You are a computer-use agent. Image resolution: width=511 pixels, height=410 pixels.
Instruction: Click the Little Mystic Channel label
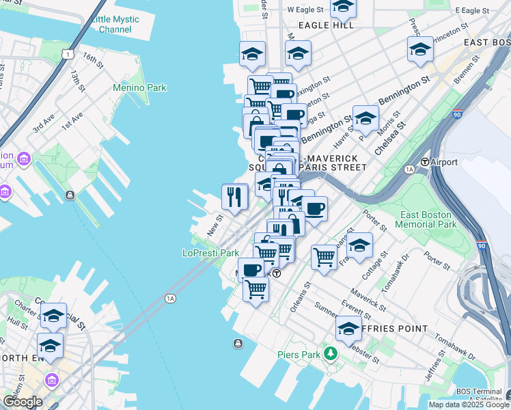[x=115, y=24]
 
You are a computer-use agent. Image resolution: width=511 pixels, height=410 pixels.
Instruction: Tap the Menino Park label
[x=140, y=87]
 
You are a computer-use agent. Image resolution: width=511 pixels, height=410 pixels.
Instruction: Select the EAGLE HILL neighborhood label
[x=326, y=25]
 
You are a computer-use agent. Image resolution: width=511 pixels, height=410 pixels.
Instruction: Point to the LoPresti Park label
[x=210, y=252]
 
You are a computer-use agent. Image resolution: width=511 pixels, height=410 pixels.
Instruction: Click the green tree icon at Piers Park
[x=331, y=353]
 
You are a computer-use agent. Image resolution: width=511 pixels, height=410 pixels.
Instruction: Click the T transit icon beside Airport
[x=424, y=162]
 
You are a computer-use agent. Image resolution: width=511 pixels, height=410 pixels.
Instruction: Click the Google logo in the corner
[x=22, y=402]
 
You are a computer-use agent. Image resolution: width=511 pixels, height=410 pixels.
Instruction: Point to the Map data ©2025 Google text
[x=468, y=405]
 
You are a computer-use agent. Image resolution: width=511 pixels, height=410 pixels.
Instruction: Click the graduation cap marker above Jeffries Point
[x=348, y=329]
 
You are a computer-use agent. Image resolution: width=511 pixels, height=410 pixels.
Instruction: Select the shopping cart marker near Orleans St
[x=324, y=257]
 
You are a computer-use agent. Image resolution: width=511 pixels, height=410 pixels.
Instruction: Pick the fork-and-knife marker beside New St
[x=234, y=197]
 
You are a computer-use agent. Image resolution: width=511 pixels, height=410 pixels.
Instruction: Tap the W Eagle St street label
[x=304, y=10]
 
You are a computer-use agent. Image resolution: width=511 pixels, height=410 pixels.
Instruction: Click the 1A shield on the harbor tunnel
[x=170, y=298]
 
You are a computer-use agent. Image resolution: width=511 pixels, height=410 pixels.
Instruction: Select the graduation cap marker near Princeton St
[x=420, y=49]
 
